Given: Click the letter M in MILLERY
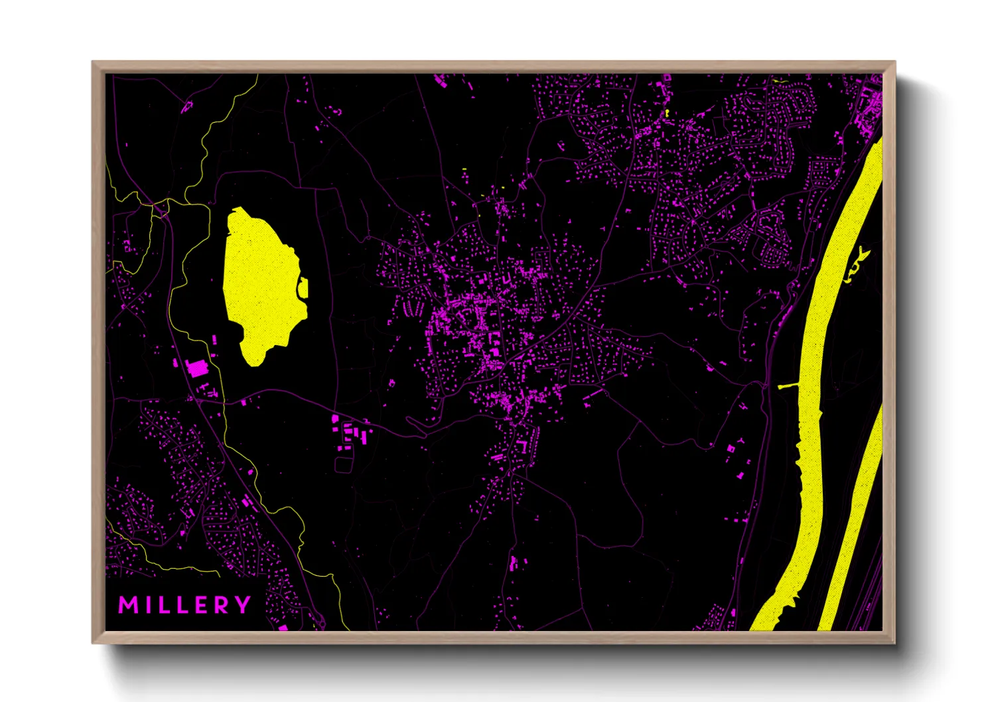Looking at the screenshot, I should (127, 605).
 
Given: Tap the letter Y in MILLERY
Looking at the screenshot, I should (244, 605).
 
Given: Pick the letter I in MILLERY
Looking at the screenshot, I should (146, 605).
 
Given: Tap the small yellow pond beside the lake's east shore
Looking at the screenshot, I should (304, 288).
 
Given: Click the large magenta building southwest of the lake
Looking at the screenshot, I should (197, 367).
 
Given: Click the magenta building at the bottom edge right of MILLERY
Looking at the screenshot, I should (283, 627).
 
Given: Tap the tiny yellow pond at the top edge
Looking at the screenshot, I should (778, 81).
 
